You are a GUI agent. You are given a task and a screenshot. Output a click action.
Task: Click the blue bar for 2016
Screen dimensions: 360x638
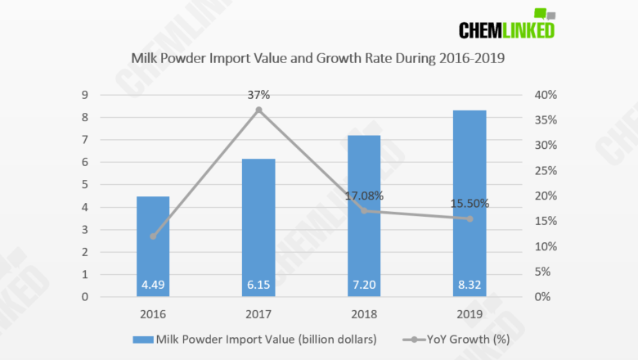click(153, 245)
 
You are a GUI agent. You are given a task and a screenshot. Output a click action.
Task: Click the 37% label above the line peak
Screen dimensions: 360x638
click(258, 95)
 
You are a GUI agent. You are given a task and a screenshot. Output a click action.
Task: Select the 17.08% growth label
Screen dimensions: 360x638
click(364, 196)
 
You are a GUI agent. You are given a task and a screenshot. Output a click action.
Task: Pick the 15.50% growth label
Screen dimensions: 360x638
click(470, 204)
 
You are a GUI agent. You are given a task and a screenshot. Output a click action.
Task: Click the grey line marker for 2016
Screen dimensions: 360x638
click(153, 236)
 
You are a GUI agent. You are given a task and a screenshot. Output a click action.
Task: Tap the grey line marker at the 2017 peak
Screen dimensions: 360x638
click(258, 110)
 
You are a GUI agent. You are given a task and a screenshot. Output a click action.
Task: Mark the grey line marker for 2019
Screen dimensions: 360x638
click(470, 218)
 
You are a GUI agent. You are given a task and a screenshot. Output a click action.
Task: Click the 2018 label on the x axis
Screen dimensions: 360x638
click(364, 313)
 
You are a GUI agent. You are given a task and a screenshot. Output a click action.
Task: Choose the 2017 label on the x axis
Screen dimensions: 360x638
click(258, 313)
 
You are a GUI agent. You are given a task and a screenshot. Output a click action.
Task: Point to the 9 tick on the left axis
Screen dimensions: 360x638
click(84, 95)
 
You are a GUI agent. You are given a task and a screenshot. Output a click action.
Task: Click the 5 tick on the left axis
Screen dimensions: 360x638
click(84, 185)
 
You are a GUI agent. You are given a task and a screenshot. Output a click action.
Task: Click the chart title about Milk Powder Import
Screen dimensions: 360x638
click(318, 59)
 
